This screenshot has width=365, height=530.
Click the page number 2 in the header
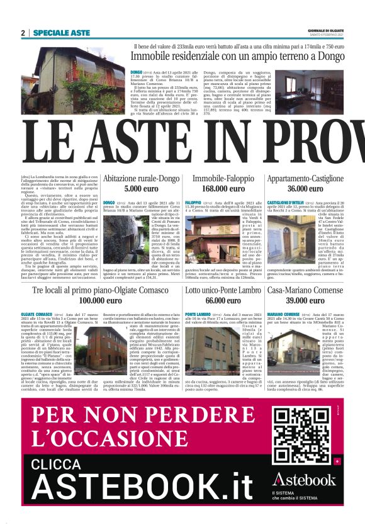[x=23, y=32]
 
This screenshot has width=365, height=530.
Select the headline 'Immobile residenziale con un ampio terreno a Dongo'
[x=239, y=57]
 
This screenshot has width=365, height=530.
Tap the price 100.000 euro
[x=100, y=300]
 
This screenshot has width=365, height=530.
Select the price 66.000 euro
[x=222, y=300]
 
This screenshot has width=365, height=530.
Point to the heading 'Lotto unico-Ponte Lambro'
[x=222, y=290]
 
